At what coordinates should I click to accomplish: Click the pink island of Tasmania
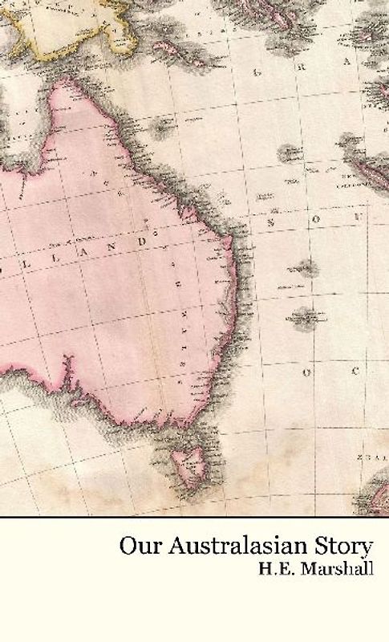coord(191,464)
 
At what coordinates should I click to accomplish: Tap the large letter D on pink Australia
coord(143,242)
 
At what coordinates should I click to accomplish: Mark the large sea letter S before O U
coord(272,222)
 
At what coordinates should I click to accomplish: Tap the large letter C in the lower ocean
coord(351,371)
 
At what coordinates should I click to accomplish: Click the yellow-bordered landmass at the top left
coord(56,24)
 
